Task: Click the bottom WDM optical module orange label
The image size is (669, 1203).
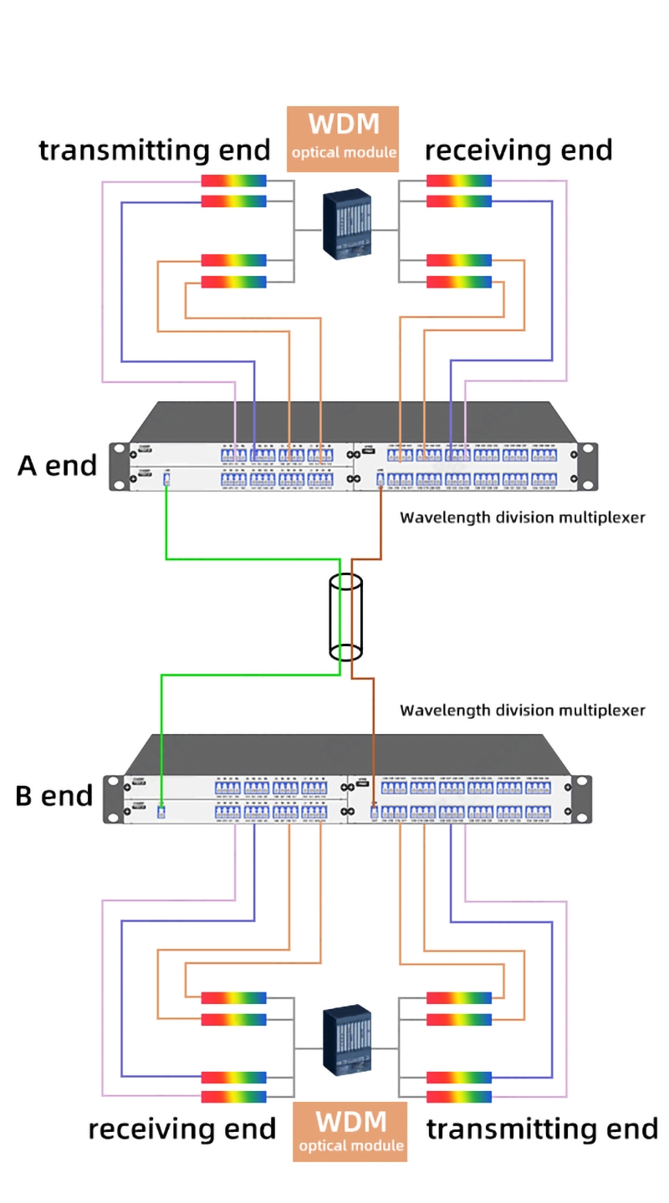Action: pyautogui.click(x=350, y=1130)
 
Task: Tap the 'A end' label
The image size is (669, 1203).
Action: pyautogui.click(x=57, y=466)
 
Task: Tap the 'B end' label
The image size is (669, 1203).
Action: pyautogui.click(x=54, y=796)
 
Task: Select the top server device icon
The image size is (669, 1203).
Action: pyautogui.click(x=347, y=222)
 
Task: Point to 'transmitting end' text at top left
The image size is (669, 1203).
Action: pyautogui.click(x=155, y=150)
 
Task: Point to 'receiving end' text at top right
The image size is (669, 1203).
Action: pyautogui.click(x=518, y=150)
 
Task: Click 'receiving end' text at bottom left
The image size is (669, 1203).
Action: pyautogui.click(x=182, y=1129)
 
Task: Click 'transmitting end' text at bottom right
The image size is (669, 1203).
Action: pyautogui.click(x=542, y=1129)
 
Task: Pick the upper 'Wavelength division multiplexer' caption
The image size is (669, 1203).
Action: pyautogui.click(x=523, y=517)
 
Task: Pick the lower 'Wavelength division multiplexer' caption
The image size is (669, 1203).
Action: pyautogui.click(x=523, y=711)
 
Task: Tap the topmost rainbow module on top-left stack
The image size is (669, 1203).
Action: pyautogui.click(x=234, y=181)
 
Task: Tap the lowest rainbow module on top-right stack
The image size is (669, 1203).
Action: pyautogui.click(x=459, y=282)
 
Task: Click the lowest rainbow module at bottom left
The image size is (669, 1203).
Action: pyautogui.click(x=234, y=1097)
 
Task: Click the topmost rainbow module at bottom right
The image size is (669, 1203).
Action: pyautogui.click(x=459, y=997)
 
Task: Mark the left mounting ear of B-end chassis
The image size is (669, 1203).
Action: pyautogui.click(x=111, y=799)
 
